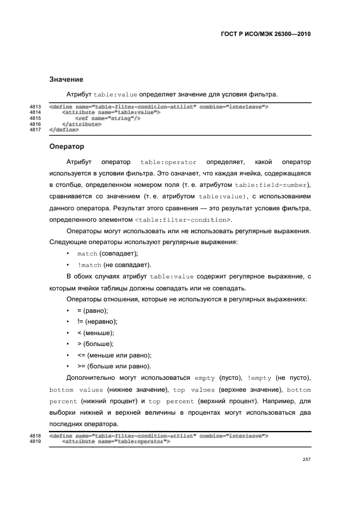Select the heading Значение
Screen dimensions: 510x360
coord(66,80)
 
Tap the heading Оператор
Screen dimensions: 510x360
coord(66,147)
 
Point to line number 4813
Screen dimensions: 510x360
coord(36,106)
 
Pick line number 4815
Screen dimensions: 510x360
coord(36,118)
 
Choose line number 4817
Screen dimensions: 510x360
coord(36,130)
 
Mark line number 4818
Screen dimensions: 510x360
coord(36,436)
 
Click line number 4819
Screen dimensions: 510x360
coord(36,442)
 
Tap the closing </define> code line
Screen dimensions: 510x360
coord(64,130)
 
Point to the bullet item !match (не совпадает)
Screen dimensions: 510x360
coord(114,265)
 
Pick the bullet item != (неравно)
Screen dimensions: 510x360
coord(97,321)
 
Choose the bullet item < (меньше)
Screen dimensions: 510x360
coord(96,332)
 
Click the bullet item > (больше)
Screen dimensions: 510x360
coord(95,344)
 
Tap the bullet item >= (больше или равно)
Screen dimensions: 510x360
coord(114,366)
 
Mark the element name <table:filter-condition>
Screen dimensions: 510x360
coord(182,220)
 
